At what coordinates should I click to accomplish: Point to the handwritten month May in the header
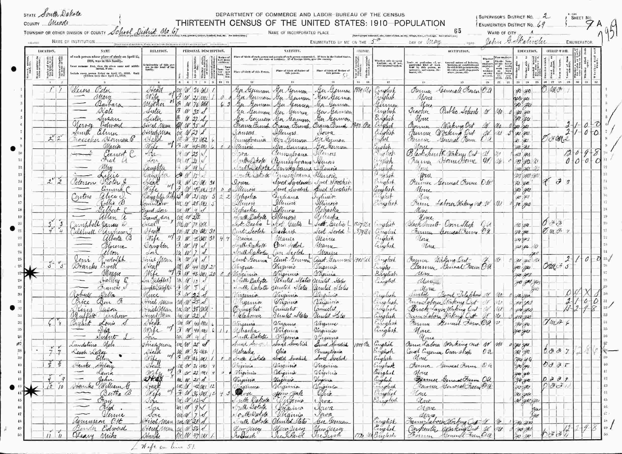[433, 42]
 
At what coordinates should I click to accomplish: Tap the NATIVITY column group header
[292, 51]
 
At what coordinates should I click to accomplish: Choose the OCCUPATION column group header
[458, 51]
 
